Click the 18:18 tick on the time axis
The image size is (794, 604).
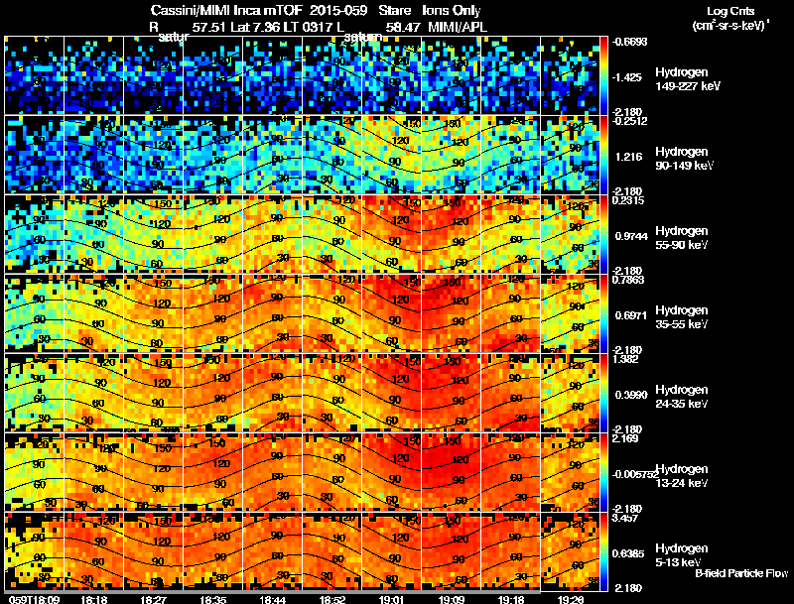94,598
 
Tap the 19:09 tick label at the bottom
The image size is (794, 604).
452,598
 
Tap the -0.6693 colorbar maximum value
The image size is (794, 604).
631,42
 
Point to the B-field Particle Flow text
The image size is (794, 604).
740,573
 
